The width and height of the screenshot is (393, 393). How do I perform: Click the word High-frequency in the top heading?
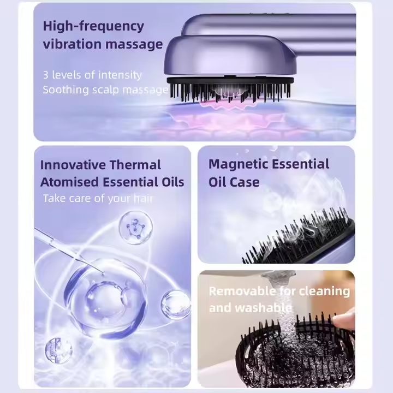coord(93,27)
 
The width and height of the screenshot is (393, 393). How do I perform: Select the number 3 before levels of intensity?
coord(45,75)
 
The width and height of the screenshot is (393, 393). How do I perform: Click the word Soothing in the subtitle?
coord(65,90)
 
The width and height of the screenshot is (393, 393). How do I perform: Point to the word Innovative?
coord(73,165)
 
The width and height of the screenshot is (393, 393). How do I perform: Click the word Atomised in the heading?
coord(69,182)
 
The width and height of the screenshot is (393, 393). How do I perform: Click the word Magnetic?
coord(238,164)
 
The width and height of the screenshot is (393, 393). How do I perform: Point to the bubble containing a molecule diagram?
coord(135,227)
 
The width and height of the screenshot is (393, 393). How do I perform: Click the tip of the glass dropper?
coord(103,273)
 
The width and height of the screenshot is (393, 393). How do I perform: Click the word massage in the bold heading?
coord(134,45)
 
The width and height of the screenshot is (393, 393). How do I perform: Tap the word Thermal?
coord(135,165)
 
